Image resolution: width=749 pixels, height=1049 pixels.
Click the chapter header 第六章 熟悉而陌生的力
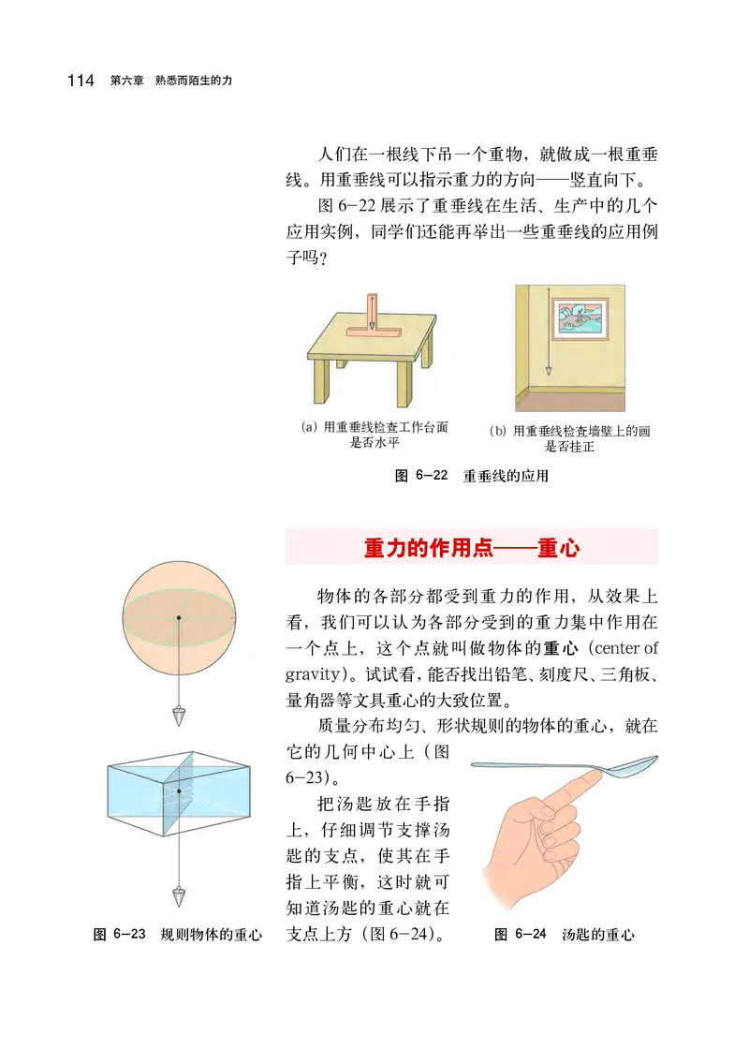(x=171, y=81)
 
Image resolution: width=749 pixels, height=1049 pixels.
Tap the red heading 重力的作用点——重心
(x=471, y=548)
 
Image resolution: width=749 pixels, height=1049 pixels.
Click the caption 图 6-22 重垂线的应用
(x=471, y=476)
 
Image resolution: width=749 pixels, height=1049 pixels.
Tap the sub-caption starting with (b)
(x=569, y=438)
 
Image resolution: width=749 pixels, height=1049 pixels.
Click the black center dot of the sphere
(x=178, y=617)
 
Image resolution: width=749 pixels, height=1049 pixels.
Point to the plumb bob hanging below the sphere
(x=178, y=717)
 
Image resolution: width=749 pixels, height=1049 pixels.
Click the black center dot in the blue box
(x=178, y=791)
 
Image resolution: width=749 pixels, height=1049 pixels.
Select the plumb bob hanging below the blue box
(x=178, y=896)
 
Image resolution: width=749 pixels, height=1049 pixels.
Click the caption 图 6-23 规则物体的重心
(x=178, y=935)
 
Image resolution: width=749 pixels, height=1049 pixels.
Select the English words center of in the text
(x=625, y=647)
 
